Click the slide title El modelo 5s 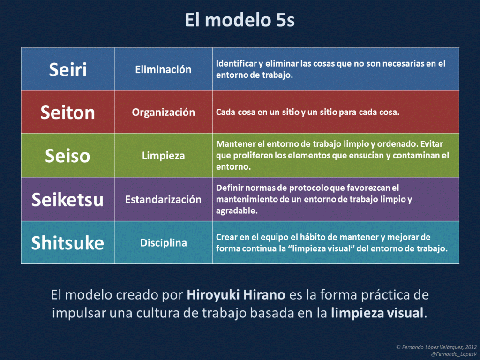pos(240,20)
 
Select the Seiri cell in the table pos(68,69)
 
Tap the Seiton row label pos(68,112)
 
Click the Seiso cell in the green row pos(68,156)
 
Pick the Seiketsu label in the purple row pos(68,199)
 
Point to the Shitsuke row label pos(68,243)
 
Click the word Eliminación pos(163,69)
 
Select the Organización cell pos(163,112)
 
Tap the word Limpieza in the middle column pos(163,156)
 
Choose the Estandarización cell pos(163,199)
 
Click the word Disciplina pos(163,243)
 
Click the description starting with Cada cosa pos(307,113)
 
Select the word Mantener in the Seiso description pos(237,143)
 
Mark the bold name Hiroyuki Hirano pos(236,295)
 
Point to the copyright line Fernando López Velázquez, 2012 pos(436,347)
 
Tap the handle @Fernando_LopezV pos(449,354)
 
